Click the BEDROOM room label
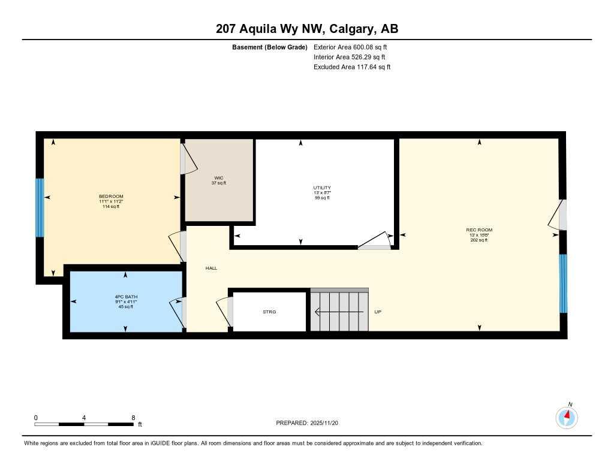point(111,197)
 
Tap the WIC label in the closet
point(219,178)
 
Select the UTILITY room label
point(321,188)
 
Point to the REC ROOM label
point(479,230)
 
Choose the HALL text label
point(211,268)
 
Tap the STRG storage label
point(269,312)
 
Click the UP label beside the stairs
point(378,312)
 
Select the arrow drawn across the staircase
point(339,312)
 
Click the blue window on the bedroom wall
point(40,207)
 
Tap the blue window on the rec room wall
point(563,283)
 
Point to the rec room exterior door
point(558,215)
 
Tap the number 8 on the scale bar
point(133,418)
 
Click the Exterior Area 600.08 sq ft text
point(354,47)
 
